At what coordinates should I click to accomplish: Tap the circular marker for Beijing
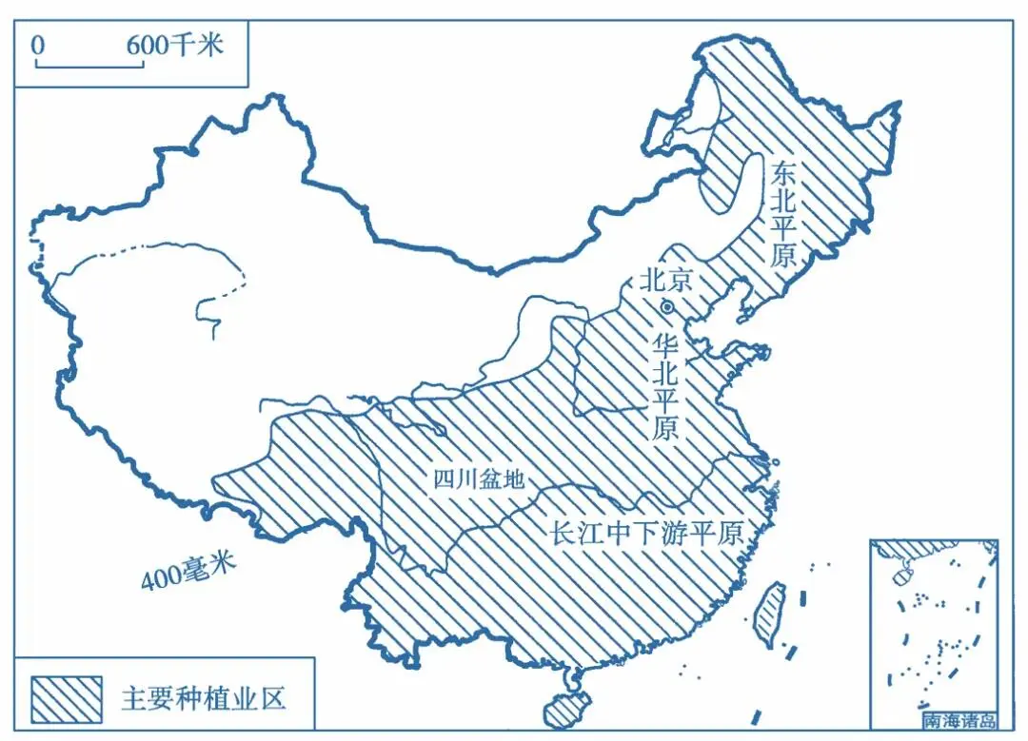(667, 306)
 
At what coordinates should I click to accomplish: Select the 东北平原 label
(785, 216)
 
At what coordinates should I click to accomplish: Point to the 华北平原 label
(664, 387)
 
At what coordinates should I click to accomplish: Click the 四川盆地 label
(479, 479)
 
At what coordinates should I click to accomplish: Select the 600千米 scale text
(173, 44)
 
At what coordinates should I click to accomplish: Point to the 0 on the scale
(37, 45)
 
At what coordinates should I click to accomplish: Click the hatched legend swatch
(66, 698)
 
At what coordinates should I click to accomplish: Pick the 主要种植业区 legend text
(203, 698)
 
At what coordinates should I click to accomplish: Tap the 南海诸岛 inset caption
(959, 721)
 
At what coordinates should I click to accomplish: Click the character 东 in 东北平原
(785, 173)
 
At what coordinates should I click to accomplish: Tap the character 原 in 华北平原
(664, 429)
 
